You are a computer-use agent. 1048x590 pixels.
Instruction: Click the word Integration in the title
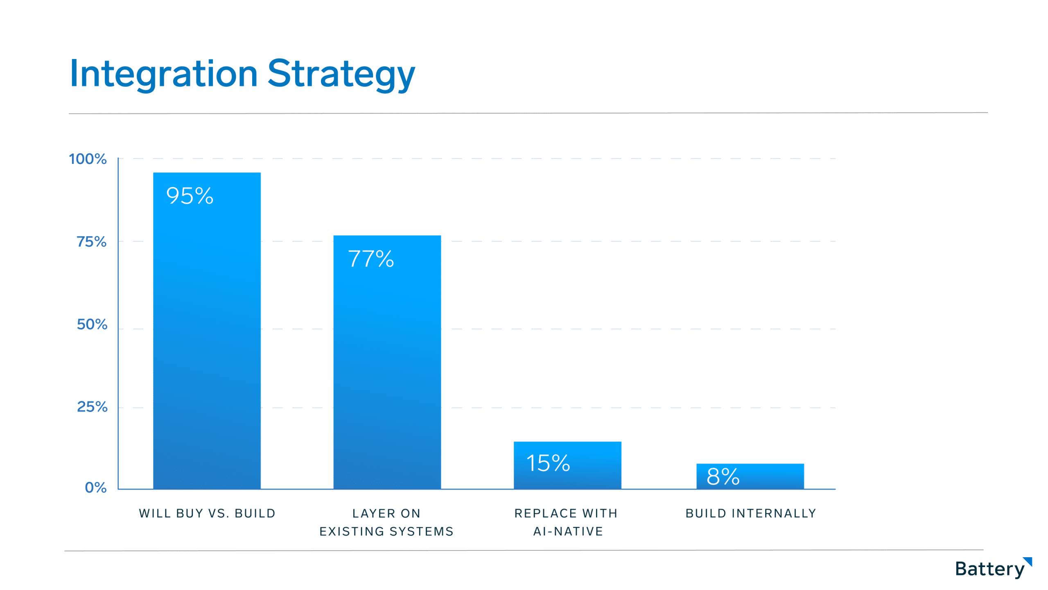coord(164,74)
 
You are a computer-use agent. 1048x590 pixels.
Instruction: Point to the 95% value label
coord(190,196)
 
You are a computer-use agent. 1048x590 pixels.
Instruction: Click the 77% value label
coord(371,259)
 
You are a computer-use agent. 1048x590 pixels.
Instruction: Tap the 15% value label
coord(548,463)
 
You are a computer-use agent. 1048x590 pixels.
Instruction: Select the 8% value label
coord(723,477)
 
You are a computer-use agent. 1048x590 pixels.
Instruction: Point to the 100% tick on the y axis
coord(88,159)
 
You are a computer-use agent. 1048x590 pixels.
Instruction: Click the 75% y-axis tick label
coord(92,242)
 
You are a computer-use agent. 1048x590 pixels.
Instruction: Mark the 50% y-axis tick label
coord(92,324)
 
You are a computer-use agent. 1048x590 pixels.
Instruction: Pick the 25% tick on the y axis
coord(92,407)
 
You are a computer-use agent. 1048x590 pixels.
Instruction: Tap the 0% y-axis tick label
coord(96,488)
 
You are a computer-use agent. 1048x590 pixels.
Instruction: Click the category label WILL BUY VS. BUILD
coord(207,513)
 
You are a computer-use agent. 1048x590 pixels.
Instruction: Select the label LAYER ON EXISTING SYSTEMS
coord(386,522)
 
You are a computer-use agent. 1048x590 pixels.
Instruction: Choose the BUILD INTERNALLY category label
coord(751,513)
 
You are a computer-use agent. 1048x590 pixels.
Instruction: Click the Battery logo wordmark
coord(990,569)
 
